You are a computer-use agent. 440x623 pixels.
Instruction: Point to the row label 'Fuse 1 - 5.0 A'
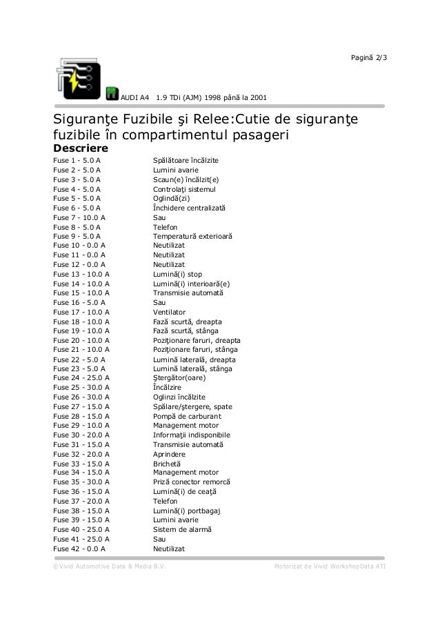[76, 160]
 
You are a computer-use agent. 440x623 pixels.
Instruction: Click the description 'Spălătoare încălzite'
[186, 160]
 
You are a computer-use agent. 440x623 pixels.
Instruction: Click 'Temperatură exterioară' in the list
[192, 237]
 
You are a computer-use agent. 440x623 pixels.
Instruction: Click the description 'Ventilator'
[169, 312]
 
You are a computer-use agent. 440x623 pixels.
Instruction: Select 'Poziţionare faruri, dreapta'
[197, 340]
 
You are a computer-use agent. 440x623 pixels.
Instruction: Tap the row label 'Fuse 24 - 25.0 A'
[81, 378]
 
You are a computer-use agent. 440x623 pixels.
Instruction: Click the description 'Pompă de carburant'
[187, 416]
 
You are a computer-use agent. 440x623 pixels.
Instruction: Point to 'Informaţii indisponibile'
[191, 435]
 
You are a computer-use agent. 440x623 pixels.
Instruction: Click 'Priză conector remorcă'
[191, 482]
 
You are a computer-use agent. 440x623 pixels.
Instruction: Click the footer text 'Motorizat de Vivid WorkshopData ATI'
[330, 566]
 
